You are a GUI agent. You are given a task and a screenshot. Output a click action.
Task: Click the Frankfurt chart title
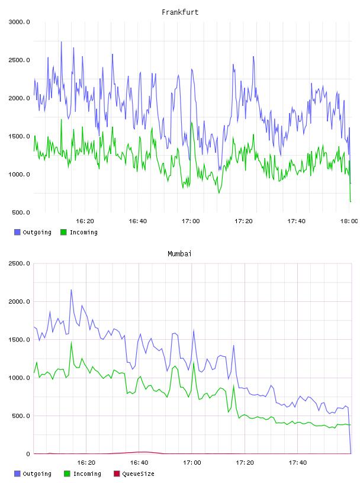point(180,12)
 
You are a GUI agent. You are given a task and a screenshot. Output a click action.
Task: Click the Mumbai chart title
point(179,254)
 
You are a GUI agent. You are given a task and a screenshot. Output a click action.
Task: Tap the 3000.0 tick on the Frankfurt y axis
point(20,22)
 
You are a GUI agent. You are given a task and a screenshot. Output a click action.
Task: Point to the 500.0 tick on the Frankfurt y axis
point(21,212)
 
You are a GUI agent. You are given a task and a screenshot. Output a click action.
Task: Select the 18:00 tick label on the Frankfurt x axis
point(349,221)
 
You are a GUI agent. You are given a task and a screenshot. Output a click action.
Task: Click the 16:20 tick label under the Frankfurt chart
point(85,221)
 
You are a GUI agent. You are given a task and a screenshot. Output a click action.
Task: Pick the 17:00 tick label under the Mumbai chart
point(192,463)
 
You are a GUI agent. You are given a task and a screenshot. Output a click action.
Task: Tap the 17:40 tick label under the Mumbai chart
point(297,463)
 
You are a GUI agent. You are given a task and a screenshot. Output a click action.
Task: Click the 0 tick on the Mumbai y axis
point(28,454)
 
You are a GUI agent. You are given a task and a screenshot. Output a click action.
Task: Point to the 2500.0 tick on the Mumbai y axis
point(20,263)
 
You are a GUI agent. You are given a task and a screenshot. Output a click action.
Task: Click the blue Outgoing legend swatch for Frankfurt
point(17,232)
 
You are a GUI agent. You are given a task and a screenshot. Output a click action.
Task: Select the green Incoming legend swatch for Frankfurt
point(63,232)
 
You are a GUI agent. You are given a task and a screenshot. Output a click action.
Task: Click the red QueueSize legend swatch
point(117,474)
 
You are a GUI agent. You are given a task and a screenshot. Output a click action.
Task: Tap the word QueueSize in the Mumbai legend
point(138,474)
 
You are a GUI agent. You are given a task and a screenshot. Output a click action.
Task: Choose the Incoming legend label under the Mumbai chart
point(87,474)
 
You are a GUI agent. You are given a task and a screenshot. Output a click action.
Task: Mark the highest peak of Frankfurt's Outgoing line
point(62,42)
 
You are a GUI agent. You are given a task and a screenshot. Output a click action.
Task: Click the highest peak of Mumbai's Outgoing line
point(71,290)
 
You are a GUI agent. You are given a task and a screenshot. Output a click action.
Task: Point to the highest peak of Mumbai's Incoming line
point(71,342)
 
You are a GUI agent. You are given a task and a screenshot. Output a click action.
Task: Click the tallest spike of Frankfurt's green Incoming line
point(62,120)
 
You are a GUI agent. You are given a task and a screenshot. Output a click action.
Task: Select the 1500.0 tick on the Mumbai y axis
point(20,340)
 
